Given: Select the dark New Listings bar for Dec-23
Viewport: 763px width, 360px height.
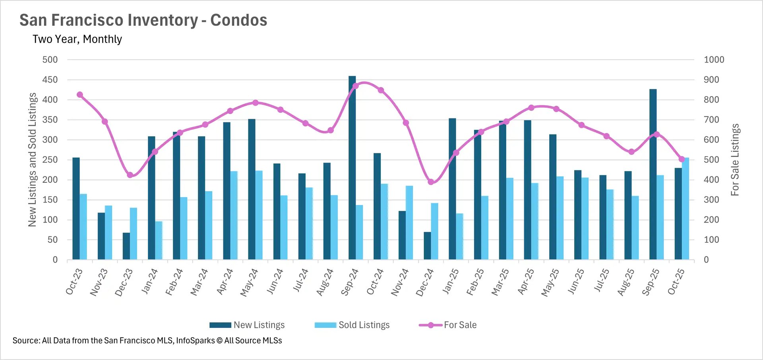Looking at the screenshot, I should click(x=126, y=246).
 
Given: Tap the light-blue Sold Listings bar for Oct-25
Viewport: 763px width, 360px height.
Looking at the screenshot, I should click(x=686, y=209).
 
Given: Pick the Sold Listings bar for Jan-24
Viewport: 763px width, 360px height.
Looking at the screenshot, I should click(x=159, y=240).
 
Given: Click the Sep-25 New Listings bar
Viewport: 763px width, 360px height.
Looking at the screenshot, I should click(x=653, y=174).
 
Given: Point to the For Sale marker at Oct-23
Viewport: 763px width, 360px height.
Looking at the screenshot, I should click(x=80, y=95).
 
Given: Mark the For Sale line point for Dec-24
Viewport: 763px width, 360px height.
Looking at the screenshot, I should click(x=431, y=182).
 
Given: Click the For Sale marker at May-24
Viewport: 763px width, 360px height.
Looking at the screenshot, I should click(x=256, y=103).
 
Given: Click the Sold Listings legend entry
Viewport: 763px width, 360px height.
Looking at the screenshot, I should click(x=352, y=325).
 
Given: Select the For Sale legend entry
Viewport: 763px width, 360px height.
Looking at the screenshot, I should click(x=448, y=325).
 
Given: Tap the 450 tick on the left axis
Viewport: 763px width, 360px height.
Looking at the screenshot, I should click(x=50, y=80).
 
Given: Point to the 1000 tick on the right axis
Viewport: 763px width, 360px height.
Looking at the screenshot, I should click(x=714, y=60).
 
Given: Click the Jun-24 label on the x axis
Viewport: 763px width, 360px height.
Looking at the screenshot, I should click(x=275, y=281).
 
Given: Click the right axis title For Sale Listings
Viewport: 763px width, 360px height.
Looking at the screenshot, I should click(x=735, y=160).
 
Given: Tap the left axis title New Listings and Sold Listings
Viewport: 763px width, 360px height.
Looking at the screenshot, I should click(x=32, y=160).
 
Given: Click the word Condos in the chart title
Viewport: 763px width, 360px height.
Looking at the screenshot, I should click(x=238, y=20).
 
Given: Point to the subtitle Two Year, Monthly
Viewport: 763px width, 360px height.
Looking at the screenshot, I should click(x=77, y=39).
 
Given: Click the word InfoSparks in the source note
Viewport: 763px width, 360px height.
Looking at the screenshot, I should click(x=195, y=341).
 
